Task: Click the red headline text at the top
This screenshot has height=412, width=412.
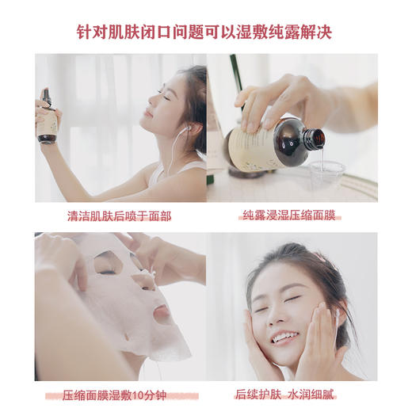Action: [205, 32]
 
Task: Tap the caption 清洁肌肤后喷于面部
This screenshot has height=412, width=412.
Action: [118, 215]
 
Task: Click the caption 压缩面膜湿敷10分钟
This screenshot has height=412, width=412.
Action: [118, 395]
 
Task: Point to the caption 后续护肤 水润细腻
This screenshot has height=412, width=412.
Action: [291, 395]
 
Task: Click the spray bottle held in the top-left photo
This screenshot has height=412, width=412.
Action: [48, 119]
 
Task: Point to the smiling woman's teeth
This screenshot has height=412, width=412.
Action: [282, 336]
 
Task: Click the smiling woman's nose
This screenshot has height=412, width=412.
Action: [280, 314]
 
